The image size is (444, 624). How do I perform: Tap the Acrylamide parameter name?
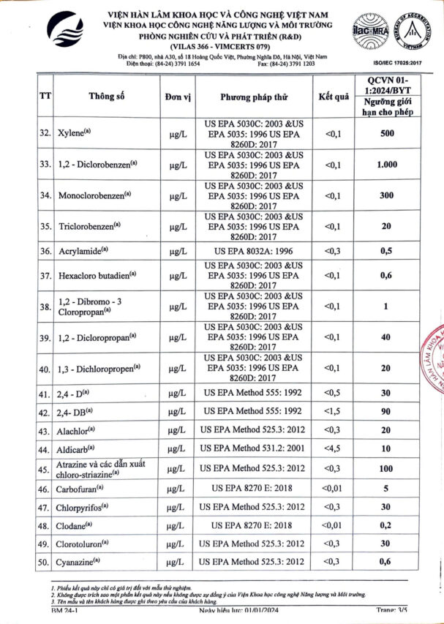(x=82, y=251)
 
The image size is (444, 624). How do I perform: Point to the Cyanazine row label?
(x=81, y=562)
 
